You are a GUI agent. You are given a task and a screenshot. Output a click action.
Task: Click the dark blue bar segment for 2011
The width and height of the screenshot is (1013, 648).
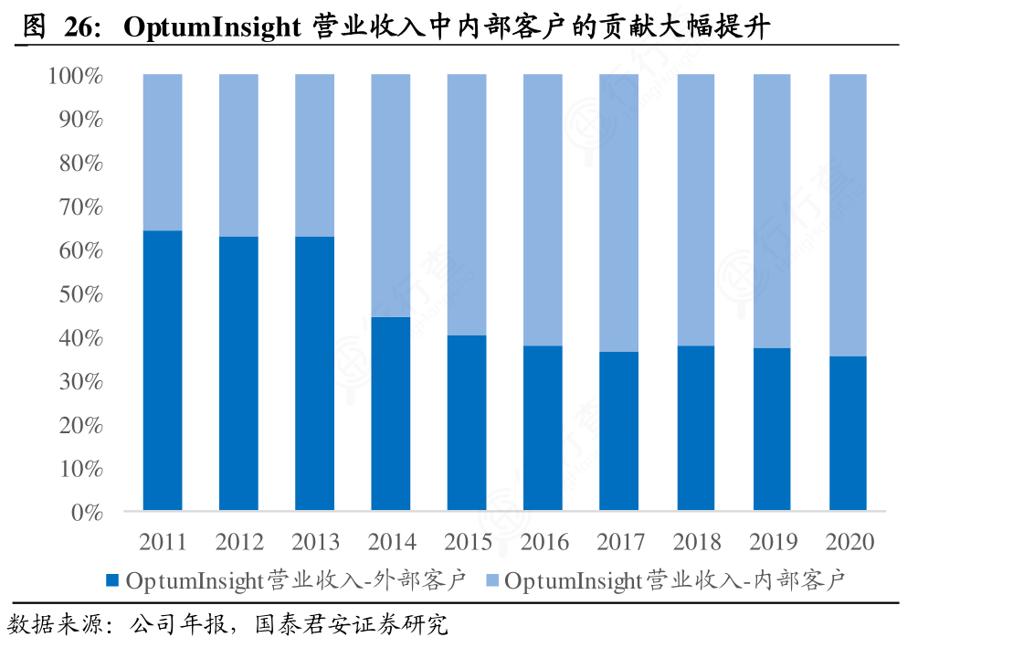tap(163, 370)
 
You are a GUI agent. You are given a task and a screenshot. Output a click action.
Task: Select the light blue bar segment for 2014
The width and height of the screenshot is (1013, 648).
tap(391, 195)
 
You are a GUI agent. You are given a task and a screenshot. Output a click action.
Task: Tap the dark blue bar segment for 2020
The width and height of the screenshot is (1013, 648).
tap(848, 432)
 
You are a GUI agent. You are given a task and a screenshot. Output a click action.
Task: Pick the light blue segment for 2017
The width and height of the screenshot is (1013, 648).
tap(618, 212)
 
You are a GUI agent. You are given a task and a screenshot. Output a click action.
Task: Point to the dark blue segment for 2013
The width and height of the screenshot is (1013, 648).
tap(314, 373)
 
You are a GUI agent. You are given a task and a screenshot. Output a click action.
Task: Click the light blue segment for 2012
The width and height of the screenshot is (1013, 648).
tap(238, 155)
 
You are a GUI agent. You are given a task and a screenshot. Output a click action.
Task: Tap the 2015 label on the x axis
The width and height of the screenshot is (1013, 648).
tap(467, 542)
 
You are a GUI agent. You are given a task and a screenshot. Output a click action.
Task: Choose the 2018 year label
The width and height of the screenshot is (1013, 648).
tap(696, 542)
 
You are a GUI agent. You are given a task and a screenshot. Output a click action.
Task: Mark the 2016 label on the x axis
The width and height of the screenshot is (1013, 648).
tap(543, 542)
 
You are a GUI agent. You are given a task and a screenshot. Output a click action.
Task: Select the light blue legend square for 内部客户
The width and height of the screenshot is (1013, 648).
tap(491, 580)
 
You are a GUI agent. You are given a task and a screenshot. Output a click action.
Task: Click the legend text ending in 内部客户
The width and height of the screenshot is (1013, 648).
tap(674, 580)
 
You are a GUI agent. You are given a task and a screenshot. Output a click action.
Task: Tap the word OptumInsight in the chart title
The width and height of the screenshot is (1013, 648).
tap(211, 28)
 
